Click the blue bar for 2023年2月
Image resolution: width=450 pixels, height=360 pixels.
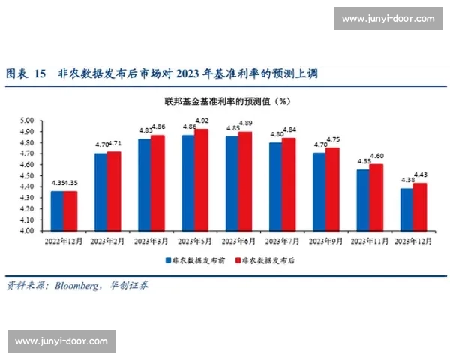(100, 192)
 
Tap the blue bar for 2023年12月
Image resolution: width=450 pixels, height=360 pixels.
(406, 210)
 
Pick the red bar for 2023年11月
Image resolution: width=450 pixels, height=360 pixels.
(377, 197)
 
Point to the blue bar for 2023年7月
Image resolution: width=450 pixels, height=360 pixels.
(276, 187)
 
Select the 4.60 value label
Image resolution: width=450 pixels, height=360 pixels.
(377, 156)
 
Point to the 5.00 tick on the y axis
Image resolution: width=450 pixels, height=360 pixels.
(27, 121)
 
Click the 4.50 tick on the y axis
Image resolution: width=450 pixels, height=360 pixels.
(27, 175)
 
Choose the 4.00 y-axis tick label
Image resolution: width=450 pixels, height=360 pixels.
(27, 231)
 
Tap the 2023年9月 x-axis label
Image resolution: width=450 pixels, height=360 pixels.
(327, 241)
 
